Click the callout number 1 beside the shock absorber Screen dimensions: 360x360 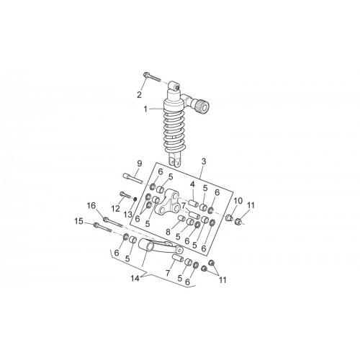coord(145,109)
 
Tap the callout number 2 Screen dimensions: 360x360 coord(139,95)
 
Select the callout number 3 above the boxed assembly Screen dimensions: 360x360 coord(204,161)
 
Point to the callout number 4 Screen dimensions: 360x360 coord(192,184)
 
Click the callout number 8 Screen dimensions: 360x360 coord(168,232)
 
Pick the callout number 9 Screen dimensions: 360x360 coord(140,163)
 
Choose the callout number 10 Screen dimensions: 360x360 coord(238,201)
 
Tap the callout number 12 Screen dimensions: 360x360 coord(115,209)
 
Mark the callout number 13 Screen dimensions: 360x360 coord(128,215)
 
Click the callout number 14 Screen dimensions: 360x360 coord(135,279)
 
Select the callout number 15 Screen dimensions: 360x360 coord(78,221)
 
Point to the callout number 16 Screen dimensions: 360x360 coord(91,206)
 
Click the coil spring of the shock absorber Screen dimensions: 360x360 coord(174,132)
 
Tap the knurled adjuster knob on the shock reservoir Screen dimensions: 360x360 coord(202,107)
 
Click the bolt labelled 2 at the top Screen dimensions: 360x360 coord(152,77)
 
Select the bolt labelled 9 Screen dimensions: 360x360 coord(133,179)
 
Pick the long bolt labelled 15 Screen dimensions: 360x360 coord(103,228)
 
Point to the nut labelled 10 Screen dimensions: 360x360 coord(230,217)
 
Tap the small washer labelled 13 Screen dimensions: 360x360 coord(135,199)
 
